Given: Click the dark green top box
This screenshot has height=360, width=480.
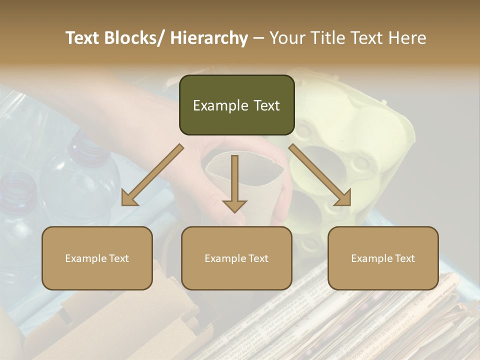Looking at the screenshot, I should click(x=236, y=105).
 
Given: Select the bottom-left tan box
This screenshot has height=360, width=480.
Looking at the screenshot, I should click(x=97, y=258).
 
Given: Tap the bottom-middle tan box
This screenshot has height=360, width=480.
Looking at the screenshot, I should click(x=236, y=258).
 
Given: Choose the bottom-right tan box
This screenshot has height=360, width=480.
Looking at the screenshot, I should click(x=383, y=258).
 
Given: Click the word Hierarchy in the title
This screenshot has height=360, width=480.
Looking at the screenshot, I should click(x=209, y=38).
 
